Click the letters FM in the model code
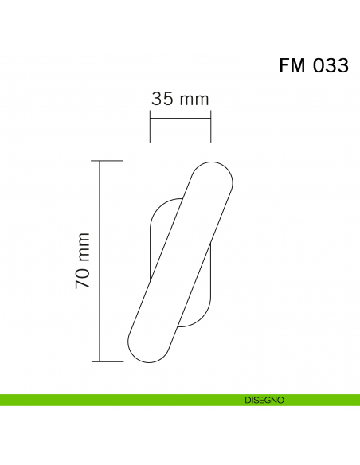pos(292,67)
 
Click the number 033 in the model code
pos(330,67)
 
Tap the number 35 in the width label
pos(162,100)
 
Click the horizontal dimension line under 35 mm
pos(180,119)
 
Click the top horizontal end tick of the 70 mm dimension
pos(110,161)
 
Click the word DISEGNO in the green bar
pos(264,401)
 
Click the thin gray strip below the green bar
pos(180,408)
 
